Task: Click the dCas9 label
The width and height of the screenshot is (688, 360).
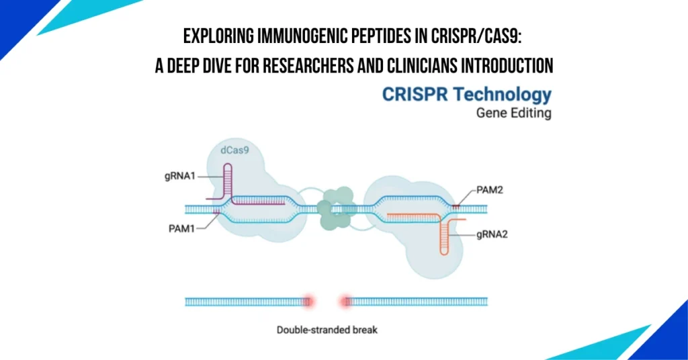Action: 234,151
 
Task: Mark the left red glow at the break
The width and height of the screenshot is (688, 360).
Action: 309,302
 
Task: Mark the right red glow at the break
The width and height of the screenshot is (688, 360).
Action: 347,302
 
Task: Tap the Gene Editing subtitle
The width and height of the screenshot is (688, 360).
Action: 513,114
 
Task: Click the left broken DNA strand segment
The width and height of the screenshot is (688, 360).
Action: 245,302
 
